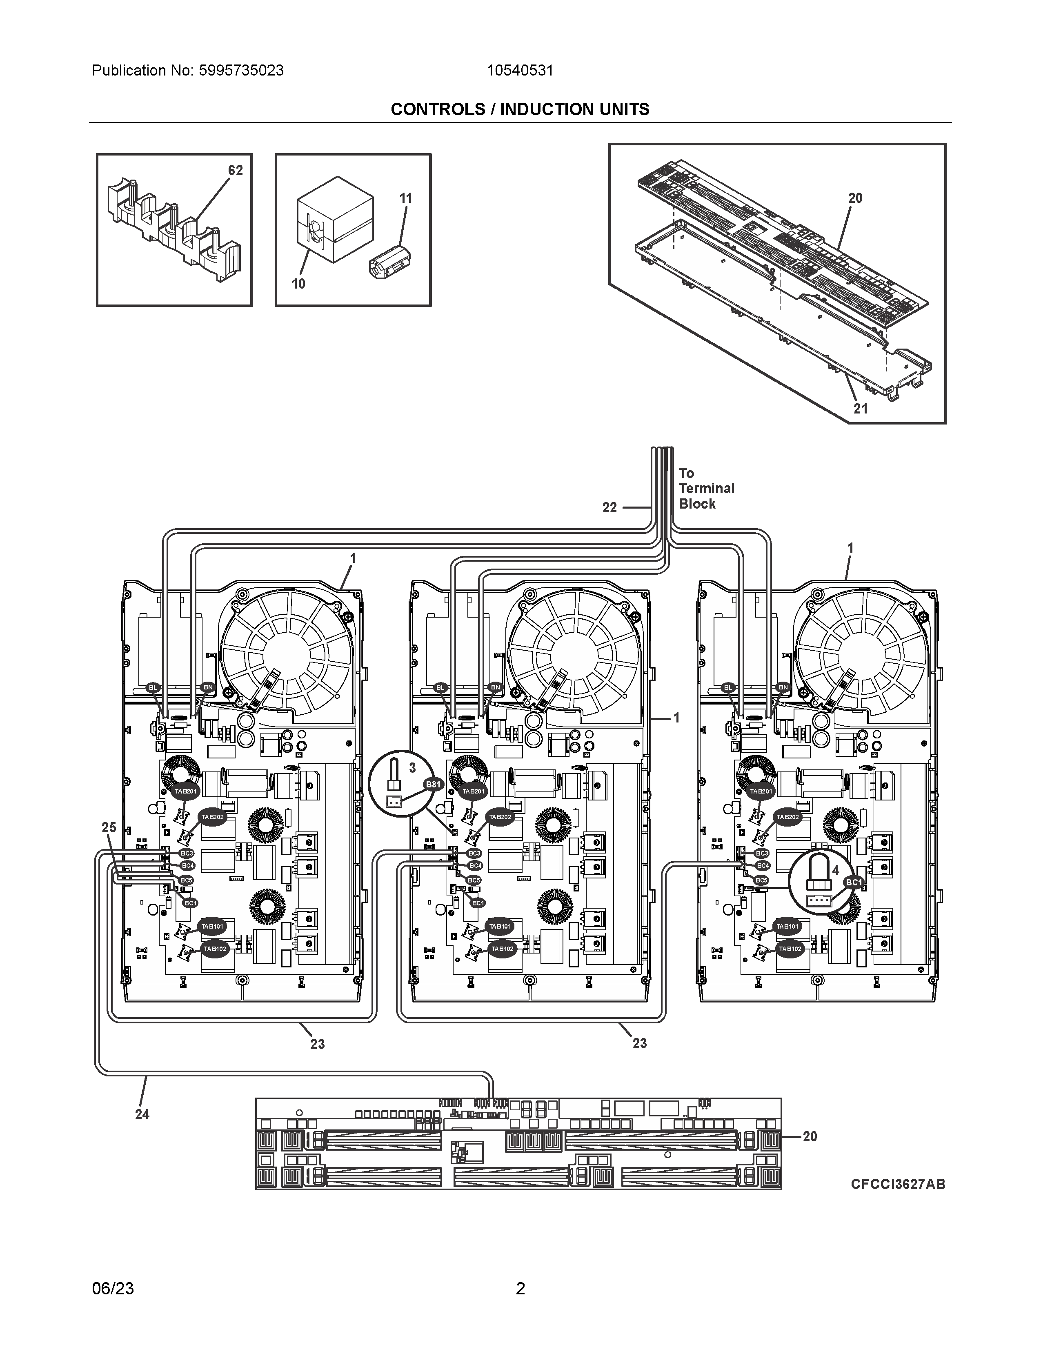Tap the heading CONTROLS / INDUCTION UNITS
tap(520, 110)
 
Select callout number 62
tap(236, 170)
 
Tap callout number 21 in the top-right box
tap(860, 408)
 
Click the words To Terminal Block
tap(706, 489)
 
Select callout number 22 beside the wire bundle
tap(609, 508)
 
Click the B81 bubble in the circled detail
tap(434, 785)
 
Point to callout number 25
tap(109, 828)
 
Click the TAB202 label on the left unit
tap(213, 817)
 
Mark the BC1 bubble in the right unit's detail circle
tap(854, 883)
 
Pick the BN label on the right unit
tap(783, 687)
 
